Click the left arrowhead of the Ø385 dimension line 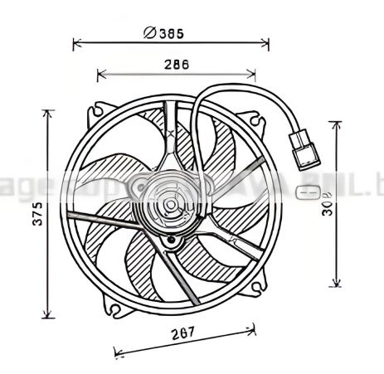76,41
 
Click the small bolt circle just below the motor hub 172,241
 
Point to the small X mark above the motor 171,132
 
